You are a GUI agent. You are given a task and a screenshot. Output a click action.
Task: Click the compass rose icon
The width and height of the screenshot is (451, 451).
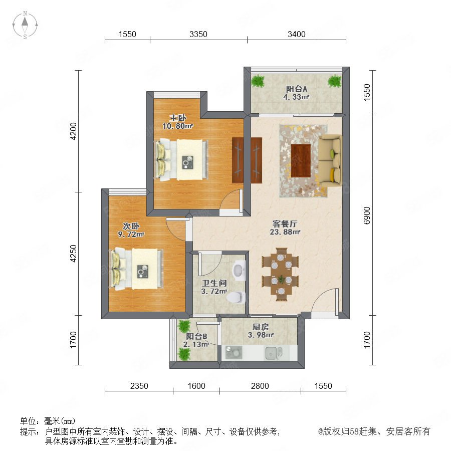pos(25,25)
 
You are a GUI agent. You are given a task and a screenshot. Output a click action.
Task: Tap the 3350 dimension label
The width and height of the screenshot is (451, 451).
pos(198,34)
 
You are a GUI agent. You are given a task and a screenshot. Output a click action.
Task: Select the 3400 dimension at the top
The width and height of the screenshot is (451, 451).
pos(297,34)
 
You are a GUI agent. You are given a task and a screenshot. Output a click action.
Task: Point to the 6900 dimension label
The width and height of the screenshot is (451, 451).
pos(367,215)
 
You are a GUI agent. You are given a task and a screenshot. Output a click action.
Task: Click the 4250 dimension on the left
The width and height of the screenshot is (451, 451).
pos(74,254)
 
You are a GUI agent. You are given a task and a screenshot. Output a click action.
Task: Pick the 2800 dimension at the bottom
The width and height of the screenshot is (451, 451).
pos(260,386)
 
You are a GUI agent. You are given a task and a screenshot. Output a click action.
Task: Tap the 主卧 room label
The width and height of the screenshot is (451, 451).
pos(177,118)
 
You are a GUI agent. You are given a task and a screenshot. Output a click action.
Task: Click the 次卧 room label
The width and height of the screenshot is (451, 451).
pos(131,226)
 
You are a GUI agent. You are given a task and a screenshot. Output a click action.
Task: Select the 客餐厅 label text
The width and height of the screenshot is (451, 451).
pos(285,224)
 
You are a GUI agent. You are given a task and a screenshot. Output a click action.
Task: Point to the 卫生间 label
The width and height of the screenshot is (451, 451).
pos(214,283)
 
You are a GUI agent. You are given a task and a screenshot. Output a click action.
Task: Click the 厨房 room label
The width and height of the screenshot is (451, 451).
pos(261,327)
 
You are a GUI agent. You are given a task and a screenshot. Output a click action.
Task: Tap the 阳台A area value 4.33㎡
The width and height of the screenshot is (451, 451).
pos(296,97)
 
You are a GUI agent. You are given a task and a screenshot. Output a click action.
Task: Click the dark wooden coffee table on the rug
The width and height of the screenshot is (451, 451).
pos(301,160)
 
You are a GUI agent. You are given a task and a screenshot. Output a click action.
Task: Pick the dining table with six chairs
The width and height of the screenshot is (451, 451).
pos(281,274)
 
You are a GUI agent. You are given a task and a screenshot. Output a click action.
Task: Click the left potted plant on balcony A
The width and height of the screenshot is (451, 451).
pos(258,81)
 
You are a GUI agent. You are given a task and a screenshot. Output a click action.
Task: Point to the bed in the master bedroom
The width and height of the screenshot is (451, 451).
pos(181,160)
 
